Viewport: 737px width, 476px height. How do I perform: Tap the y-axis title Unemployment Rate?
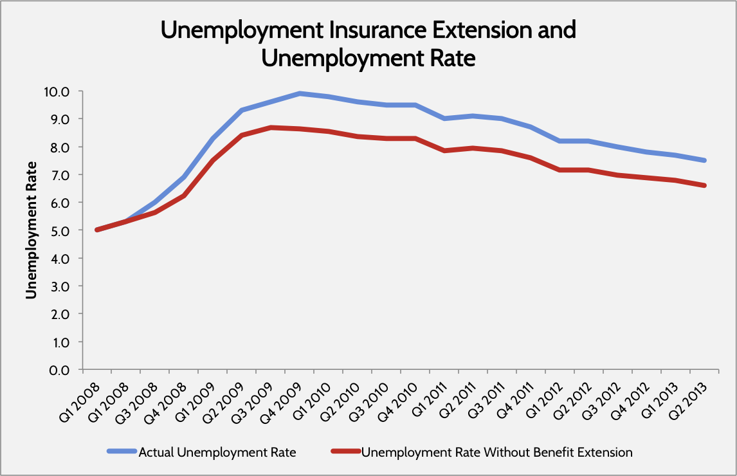30,230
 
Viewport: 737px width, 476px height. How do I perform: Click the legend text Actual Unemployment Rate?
217,453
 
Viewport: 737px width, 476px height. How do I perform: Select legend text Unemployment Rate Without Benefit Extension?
497,453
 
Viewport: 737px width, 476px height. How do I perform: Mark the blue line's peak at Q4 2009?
300,93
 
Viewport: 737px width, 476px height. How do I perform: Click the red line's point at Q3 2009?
271,127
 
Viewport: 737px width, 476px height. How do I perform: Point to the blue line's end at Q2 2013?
705,160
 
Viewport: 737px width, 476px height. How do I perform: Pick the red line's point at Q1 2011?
444,151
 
